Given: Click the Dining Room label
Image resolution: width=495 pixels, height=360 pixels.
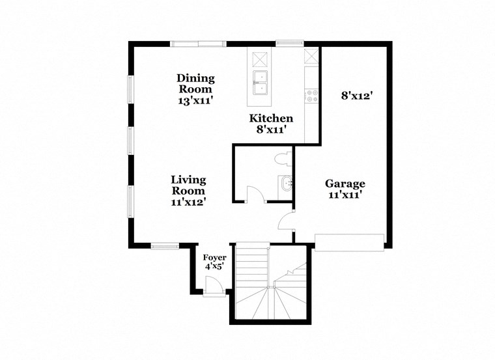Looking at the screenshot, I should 195,83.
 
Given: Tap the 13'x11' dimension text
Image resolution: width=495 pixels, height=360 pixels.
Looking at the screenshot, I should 195,101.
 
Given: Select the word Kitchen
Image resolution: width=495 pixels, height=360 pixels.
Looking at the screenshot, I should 272,118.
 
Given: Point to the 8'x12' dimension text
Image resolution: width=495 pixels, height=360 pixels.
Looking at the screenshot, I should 356,95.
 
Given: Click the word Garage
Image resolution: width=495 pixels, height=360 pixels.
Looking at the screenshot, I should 345,184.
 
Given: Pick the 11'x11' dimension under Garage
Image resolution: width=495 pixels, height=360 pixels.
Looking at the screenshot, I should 345,195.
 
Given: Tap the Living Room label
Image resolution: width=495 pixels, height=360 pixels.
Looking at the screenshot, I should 188,185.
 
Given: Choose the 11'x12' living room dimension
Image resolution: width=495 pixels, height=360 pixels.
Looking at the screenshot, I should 188,202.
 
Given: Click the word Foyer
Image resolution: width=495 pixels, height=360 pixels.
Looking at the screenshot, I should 214,258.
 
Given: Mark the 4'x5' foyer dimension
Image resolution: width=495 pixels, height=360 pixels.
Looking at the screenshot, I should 214,267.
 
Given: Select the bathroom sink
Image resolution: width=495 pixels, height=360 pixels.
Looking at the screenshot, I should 286,186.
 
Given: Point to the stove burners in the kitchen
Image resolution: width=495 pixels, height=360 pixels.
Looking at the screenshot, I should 311,96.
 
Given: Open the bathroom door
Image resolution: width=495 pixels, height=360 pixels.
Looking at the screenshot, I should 255,195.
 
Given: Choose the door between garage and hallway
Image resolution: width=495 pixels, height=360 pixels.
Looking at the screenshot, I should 287,221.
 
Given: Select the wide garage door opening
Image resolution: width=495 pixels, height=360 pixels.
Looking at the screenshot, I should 349,242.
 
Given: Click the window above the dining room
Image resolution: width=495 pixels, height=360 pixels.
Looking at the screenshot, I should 199,44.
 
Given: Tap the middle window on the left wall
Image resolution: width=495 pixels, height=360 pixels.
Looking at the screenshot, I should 130,140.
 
